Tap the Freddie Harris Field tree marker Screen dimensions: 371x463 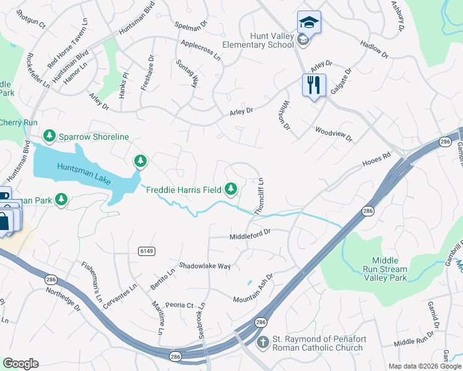pyautogui.click(x=231, y=188)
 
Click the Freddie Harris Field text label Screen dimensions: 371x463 pyautogui.click(x=183, y=189)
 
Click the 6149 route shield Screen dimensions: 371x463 pyautogui.click(x=146, y=250)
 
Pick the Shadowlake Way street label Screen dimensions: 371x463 pyautogui.click(x=205, y=266)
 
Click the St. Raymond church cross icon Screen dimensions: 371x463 pyautogui.click(x=263, y=341)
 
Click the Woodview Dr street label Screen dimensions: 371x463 pyautogui.click(x=333, y=134)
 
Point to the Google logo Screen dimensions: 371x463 pyautogui.click(x=20, y=364)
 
